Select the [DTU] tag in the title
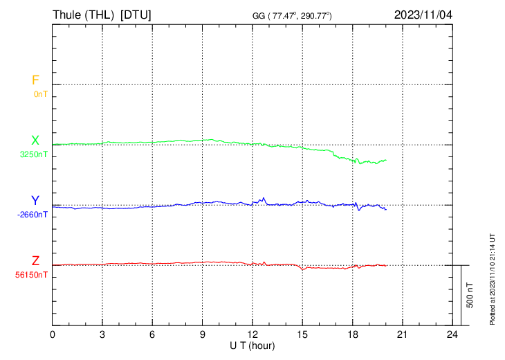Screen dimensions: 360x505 tap(136, 15)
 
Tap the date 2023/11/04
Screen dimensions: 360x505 tap(423, 15)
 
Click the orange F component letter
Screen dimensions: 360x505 tap(35, 80)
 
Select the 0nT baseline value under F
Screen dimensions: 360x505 tap(40, 94)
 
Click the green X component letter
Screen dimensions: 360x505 tap(35, 141)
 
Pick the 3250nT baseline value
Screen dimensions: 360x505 tap(35, 155)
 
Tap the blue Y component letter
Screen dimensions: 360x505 tap(35, 201)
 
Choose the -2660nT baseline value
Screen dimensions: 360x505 tap(33, 215)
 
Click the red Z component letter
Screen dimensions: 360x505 tap(35, 261)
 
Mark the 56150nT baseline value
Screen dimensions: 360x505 tap(33, 275)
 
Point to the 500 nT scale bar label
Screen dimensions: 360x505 tap(470, 295)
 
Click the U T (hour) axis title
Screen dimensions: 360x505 tap(252, 345)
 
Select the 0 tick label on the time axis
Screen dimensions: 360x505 tap(53, 335)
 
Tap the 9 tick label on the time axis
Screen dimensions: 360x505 tap(203, 335)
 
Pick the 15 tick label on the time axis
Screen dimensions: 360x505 tap(302, 335)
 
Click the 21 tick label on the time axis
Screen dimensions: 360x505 tap(403, 335)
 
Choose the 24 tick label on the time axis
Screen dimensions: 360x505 tap(452, 335)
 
